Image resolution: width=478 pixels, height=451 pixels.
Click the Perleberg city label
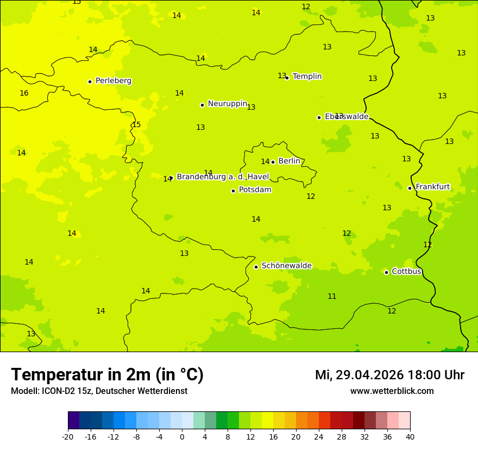pos(113,81)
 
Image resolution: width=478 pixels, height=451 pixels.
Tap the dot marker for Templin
pos(287,78)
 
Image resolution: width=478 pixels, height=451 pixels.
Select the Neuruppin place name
pos(227,104)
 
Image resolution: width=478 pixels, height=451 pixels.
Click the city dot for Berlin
pos(273,162)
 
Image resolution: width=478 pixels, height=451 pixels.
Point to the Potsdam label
pos(255,190)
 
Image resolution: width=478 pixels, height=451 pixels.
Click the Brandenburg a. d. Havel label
pos(223,177)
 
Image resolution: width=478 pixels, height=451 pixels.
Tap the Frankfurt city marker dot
pos(410,188)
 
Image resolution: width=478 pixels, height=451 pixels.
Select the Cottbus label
pos(406,272)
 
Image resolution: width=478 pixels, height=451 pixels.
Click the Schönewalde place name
pos(286,266)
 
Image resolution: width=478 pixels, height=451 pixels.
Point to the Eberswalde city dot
pos(319,117)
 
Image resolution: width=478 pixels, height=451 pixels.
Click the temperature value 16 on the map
pos(24,93)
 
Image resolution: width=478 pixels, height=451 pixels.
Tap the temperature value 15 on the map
pos(136,125)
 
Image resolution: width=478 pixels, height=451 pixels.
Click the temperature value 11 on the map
pos(332,297)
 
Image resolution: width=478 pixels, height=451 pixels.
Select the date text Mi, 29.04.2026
pos(359,375)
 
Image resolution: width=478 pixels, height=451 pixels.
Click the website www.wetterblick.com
pos(392,391)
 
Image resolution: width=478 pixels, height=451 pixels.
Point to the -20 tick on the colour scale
pos(68,437)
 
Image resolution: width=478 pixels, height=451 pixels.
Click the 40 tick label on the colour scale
pos(410,437)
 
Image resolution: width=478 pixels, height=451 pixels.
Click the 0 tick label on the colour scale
pos(182,437)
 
